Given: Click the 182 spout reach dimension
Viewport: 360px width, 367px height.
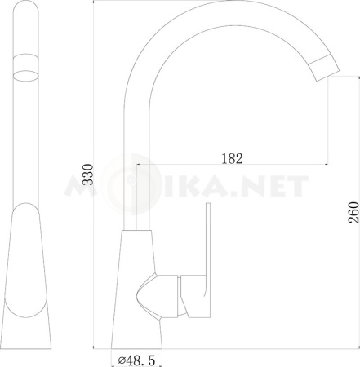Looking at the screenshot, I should [233, 157].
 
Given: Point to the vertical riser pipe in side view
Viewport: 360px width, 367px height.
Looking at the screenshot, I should [136, 163].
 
